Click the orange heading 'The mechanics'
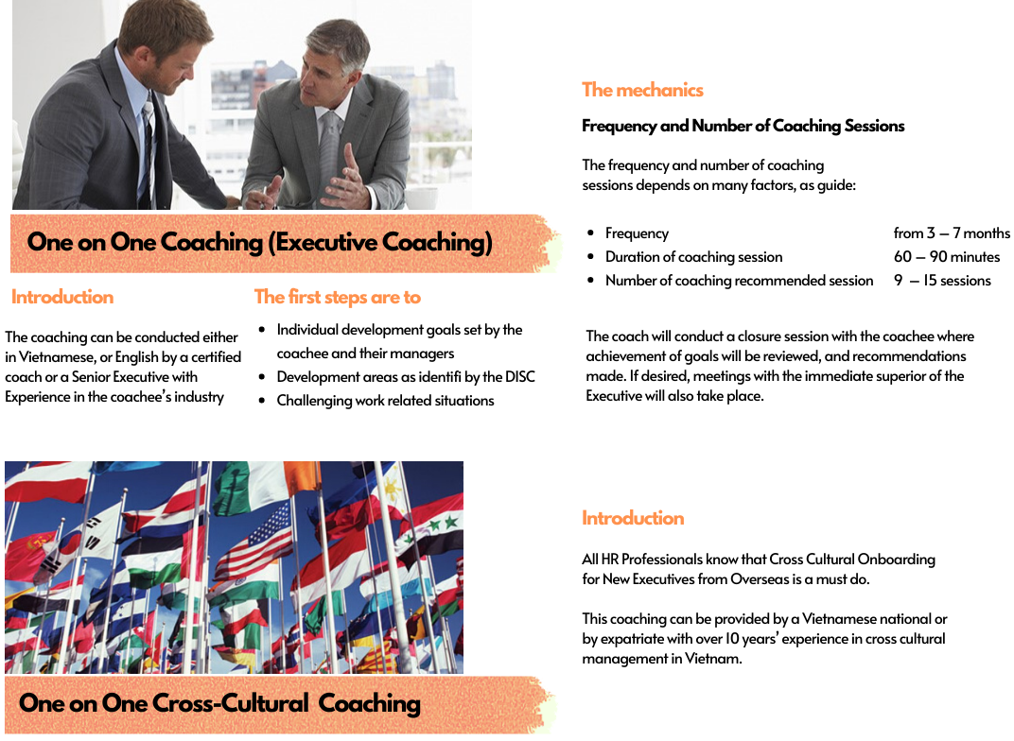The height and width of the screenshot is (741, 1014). (642, 90)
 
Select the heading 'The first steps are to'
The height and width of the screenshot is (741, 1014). (338, 297)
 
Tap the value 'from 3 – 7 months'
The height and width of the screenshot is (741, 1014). (952, 233)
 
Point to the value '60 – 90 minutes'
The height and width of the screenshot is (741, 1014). (947, 257)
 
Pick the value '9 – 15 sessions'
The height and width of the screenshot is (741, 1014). (942, 281)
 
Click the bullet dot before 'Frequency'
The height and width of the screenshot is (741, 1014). (590, 233)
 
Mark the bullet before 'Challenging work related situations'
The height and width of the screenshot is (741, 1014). (262, 401)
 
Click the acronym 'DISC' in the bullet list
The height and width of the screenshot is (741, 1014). (519, 376)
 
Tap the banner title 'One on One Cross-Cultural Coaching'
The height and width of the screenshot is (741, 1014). (219, 703)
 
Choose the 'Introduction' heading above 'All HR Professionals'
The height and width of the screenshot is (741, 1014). (633, 518)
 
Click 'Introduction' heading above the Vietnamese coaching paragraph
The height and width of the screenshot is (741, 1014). (62, 297)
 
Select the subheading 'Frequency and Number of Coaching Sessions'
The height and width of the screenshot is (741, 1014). (743, 126)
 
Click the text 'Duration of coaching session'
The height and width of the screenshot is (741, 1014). (694, 257)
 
